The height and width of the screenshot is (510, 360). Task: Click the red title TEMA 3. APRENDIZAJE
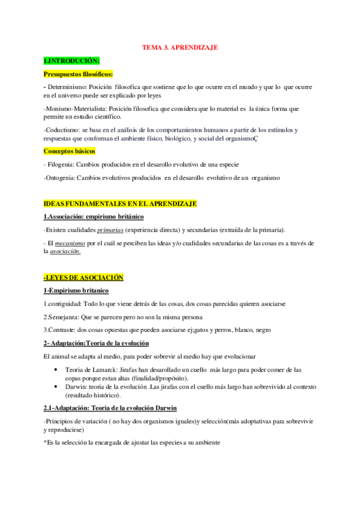click(x=180, y=47)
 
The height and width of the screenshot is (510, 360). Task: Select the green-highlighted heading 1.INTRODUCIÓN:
click(x=72, y=61)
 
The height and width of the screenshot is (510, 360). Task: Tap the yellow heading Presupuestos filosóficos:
click(x=78, y=75)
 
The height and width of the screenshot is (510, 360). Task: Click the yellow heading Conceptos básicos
click(x=69, y=151)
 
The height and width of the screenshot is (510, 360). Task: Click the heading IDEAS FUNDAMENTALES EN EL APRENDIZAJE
click(x=120, y=204)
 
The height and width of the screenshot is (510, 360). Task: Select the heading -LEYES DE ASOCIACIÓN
click(x=83, y=278)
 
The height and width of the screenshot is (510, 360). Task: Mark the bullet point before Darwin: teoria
click(x=56, y=387)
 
